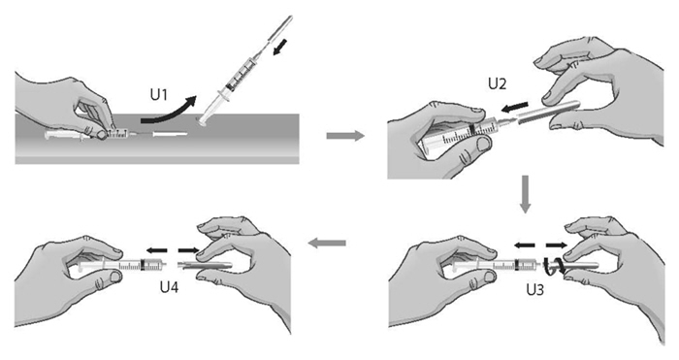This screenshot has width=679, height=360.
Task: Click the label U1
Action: [x=158, y=95]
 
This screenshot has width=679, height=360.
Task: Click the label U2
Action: [x=497, y=83]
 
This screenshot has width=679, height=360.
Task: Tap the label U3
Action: [x=534, y=289]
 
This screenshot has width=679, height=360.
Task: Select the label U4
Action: [x=170, y=287]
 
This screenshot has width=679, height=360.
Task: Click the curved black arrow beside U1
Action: [x=169, y=110]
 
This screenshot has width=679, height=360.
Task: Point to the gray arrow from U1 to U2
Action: [x=344, y=136]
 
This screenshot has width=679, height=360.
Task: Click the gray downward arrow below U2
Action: [x=526, y=194]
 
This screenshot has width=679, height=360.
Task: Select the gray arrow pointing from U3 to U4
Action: [x=327, y=244]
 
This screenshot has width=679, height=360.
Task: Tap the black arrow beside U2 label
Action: [x=513, y=107]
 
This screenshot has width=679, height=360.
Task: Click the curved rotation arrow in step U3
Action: [x=554, y=265]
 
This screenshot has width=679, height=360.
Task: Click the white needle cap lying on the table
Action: [x=170, y=135]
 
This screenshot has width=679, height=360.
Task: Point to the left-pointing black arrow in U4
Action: [x=156, y=250]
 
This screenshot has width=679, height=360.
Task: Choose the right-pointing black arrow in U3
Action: [x=557, y=245]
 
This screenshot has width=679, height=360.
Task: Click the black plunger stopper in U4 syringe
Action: [x=144, y=264]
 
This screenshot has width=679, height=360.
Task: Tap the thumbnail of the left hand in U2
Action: [x=481, y=145]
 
